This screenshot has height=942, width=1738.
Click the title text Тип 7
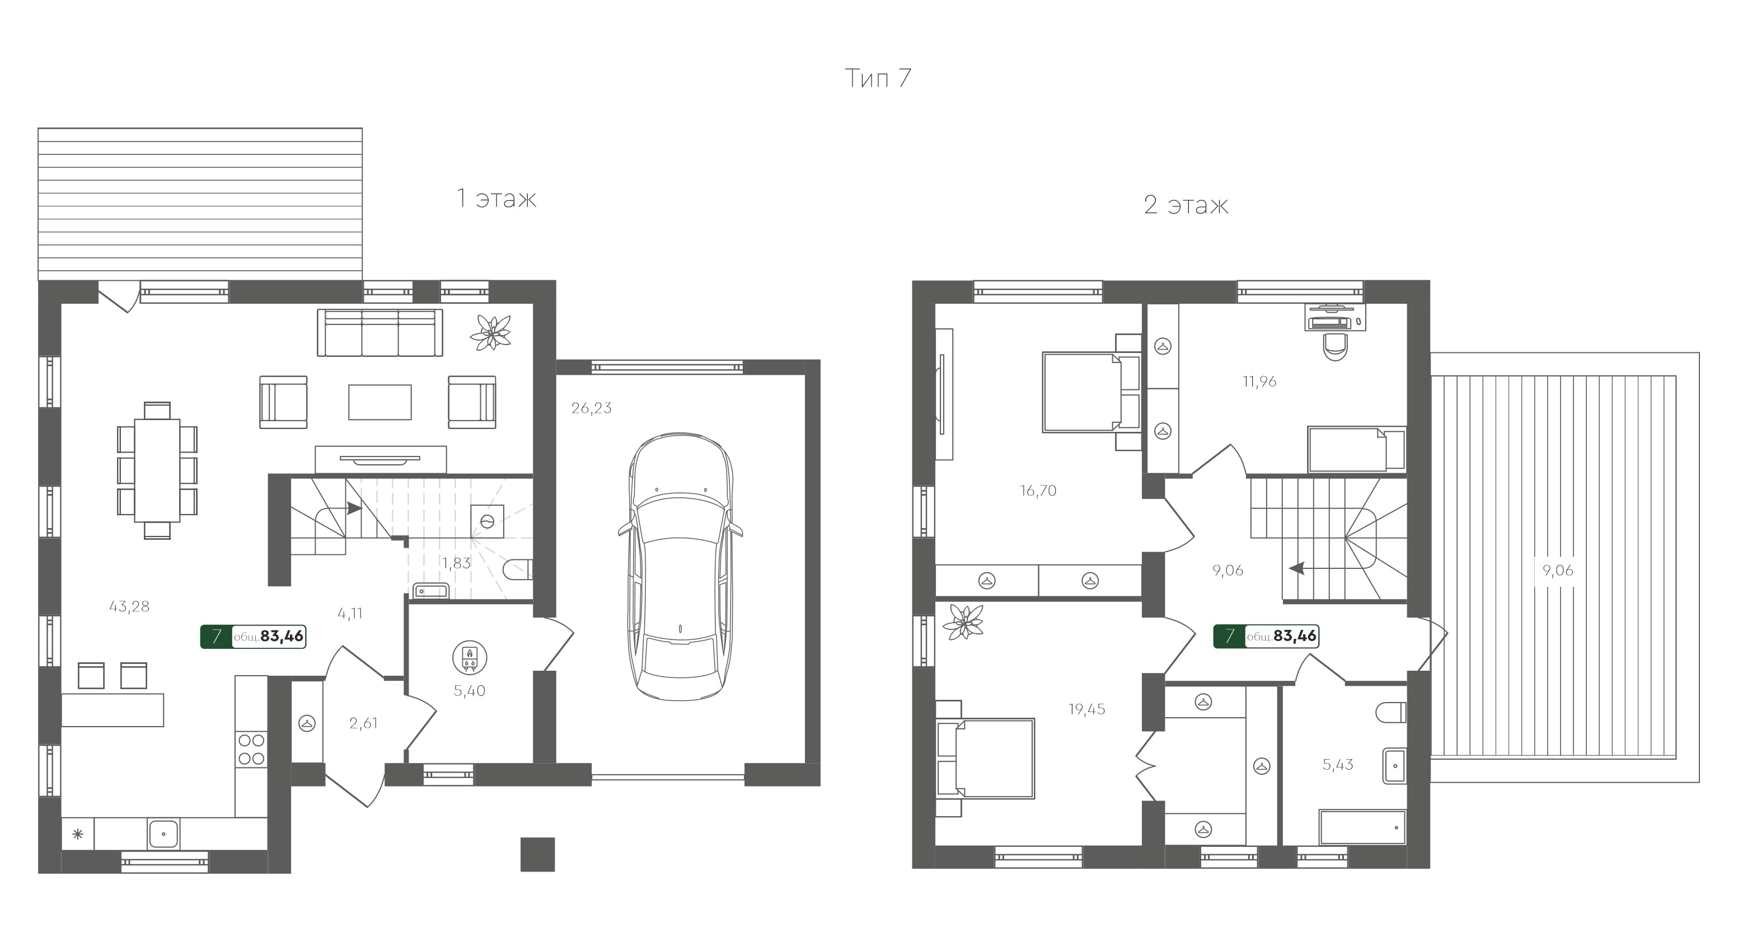(x=877, y=79)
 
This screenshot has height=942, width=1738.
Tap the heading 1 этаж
(x=496, y=199)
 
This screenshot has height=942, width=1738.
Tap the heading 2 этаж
(x=1186, y=205)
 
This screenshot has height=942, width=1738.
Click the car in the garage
(x=680, y=567)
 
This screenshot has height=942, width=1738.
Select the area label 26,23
(x=591, y=408)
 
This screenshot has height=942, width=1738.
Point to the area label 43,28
(x=129, y=607)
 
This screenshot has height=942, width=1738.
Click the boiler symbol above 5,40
(x=470, y=658)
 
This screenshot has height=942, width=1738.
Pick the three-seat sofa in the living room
(x=380, y=332)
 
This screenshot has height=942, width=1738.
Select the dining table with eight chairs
(x=157, y=470)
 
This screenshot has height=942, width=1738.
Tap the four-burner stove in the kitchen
(x=251, y=749)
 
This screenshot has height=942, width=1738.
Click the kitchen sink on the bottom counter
(x=163, y=834)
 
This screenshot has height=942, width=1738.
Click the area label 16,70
(x=1038, y=491)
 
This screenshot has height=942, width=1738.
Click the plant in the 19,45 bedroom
(x=963, y=621)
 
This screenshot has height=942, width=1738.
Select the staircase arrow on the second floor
(x=1297, y=568)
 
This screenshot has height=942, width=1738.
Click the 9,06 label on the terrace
(x=1557, y=571)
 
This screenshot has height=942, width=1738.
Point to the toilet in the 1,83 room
(x=518, y=569)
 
